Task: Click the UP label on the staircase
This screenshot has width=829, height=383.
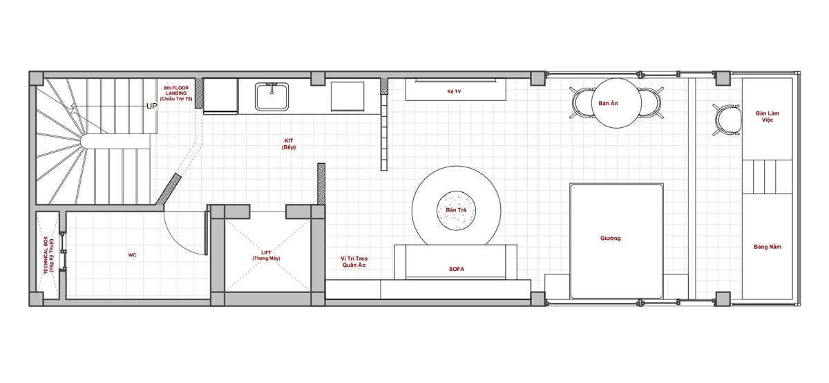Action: pos(152,106)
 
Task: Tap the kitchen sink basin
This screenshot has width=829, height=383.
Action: pos(271,97)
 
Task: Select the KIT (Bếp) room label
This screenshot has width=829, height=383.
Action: pos(289,144)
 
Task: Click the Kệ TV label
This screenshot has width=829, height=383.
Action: pos(454,91)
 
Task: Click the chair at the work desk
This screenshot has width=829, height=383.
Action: pos(727,120)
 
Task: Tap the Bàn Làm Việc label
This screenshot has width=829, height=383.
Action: pos(768,116)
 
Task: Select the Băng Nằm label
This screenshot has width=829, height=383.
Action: pos(768,247)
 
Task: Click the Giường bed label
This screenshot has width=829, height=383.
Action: pos(610,239)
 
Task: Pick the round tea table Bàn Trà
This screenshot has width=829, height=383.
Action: pos(457,210)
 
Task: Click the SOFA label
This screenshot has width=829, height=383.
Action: pos(457,270)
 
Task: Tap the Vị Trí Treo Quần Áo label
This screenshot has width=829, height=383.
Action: pos(354,262)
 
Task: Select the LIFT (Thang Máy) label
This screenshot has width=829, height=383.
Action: pos(266,256)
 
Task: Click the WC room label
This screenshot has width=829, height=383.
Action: pos(132,255)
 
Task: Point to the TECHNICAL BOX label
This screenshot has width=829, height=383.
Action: pos(48,256)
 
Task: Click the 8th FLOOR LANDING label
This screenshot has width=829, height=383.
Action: pos(176,93)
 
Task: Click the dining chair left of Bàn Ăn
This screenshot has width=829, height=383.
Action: pos(582,102)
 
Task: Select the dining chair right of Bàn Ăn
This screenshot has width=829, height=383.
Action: pos(651,102)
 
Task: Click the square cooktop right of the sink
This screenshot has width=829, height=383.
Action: pos(347,96)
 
